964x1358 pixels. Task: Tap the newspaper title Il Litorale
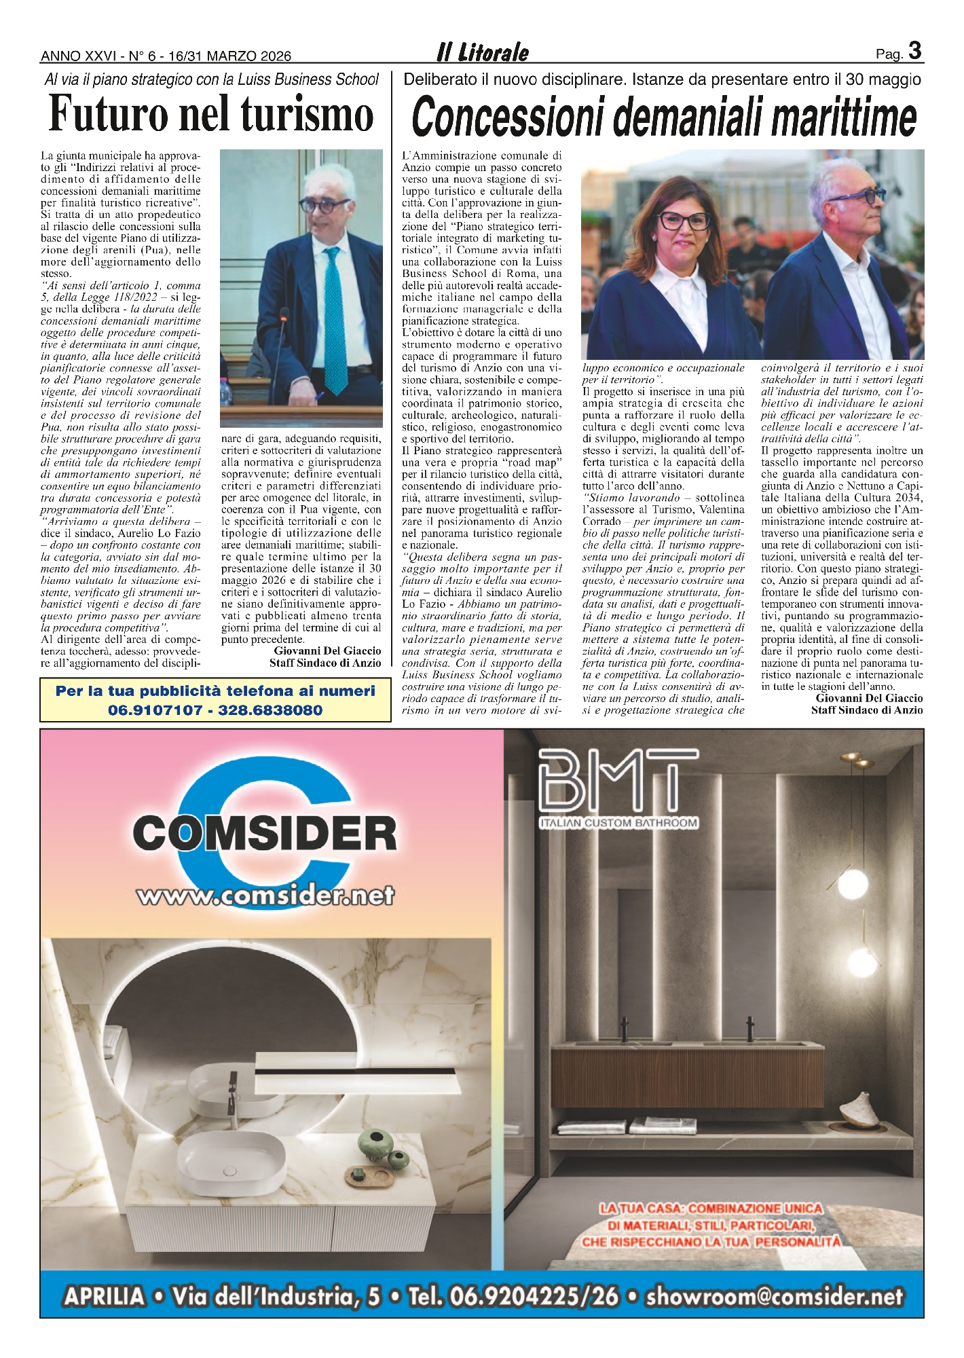point(483,52)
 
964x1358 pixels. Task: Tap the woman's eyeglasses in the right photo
point(684,221)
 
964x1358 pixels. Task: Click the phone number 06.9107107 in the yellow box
point(155,710)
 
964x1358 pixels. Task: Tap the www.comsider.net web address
point(265,896)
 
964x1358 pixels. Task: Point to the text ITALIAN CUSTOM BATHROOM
point(618,823)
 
